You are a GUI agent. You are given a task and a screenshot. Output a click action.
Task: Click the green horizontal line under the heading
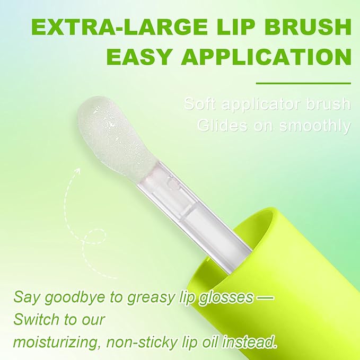[x=303, y=83]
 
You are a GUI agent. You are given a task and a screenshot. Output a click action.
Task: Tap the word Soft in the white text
[x=200, y=103]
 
